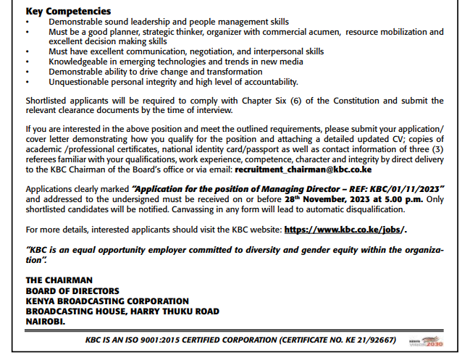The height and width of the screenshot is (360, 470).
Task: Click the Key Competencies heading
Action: click(68, 12)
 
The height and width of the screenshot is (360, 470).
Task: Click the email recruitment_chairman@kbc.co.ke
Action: click(303, 169)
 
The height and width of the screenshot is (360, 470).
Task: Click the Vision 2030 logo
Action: click(427, 340)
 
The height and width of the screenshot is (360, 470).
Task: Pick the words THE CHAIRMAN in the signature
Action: click(59, 280)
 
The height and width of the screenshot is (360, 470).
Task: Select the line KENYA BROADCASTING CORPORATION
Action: click(107, 301)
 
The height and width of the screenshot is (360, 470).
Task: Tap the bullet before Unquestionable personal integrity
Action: click(28, 83)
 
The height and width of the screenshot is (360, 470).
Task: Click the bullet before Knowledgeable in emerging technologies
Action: click(28, 62)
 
